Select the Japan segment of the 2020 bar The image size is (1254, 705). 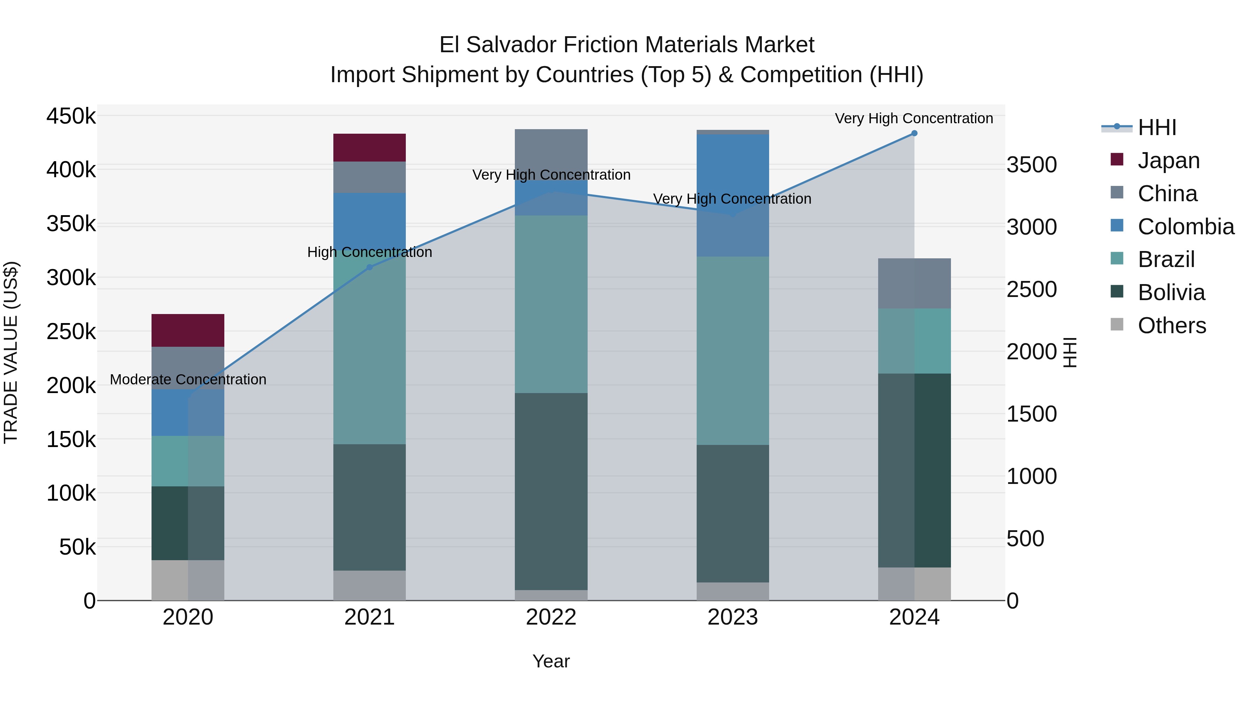(187, 330)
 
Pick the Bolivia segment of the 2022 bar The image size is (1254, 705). (551, 491)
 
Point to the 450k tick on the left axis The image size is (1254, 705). (71, 117)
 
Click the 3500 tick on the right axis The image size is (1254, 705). (1031, 165)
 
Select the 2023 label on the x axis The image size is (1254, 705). (732, 617)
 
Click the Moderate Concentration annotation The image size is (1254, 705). (188, 379)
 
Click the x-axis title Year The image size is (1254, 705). (551, 661)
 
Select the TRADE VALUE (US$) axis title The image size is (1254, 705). (11, 352)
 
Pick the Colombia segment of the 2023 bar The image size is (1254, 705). (732, 195)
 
